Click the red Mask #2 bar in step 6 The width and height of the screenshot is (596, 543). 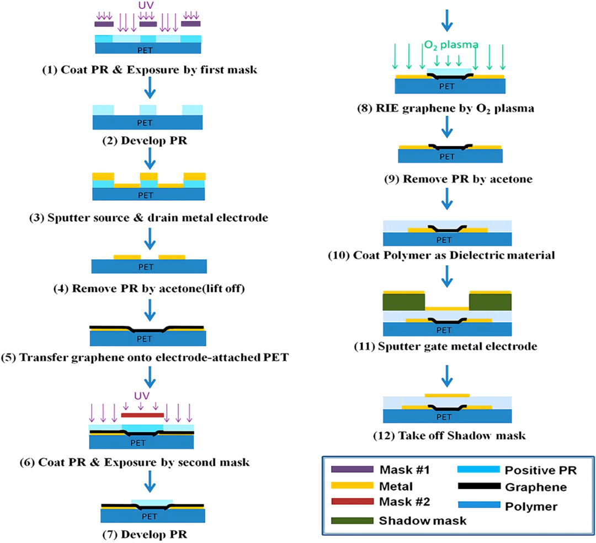tap(142, 414)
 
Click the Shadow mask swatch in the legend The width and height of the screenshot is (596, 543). tap(352, 520)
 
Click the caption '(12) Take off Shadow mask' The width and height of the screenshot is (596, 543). tap(447, 435)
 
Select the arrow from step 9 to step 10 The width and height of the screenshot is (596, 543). tap(447, 201)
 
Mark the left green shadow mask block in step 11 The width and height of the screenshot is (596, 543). tap(403, 302)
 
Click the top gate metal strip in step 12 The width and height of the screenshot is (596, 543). tap(447, 395)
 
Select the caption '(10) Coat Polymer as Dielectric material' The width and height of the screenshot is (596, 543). tap(447, 255)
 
